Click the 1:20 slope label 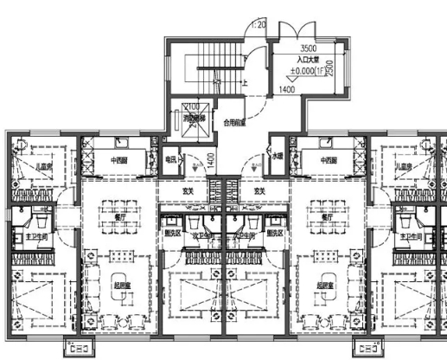257,26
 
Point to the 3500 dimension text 309,49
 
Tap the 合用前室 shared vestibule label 235,124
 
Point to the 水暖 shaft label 278,158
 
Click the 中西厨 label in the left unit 120,160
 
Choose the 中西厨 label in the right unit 329,160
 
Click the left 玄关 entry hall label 188,190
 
